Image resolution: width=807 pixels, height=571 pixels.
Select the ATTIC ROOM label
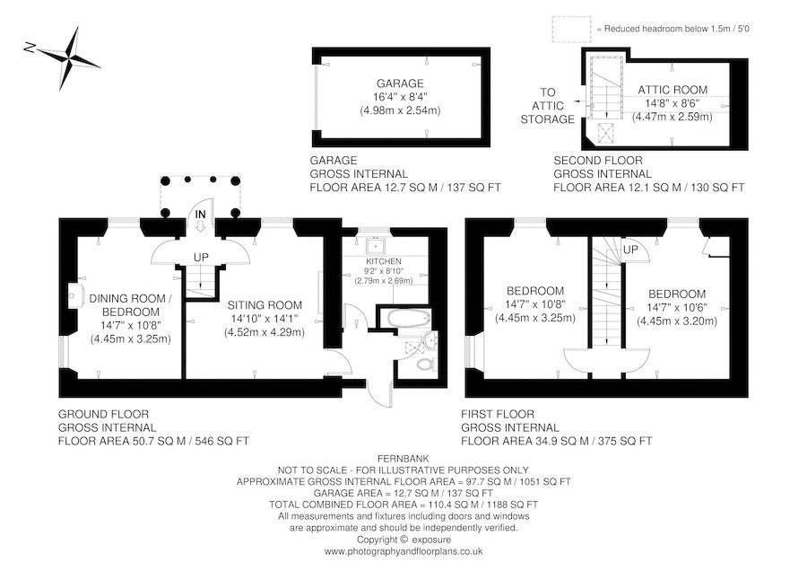(x=672, y=90)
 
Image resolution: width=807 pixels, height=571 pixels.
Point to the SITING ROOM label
(x=264, y=304)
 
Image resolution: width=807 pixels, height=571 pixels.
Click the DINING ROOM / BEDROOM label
(x=130, y=304)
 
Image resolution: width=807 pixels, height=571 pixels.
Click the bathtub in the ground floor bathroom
(x=405, y=319)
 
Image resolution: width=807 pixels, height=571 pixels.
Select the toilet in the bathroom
(x=425, y=365)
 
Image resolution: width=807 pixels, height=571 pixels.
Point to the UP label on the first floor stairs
(x=629, y=249)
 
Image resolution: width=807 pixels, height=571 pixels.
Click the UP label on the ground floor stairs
(x=201, y=257)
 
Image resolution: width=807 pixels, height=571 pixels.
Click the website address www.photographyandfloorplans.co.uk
(x=403, y=550)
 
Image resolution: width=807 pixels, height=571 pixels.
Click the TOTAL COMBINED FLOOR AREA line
(x=403, y=505)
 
